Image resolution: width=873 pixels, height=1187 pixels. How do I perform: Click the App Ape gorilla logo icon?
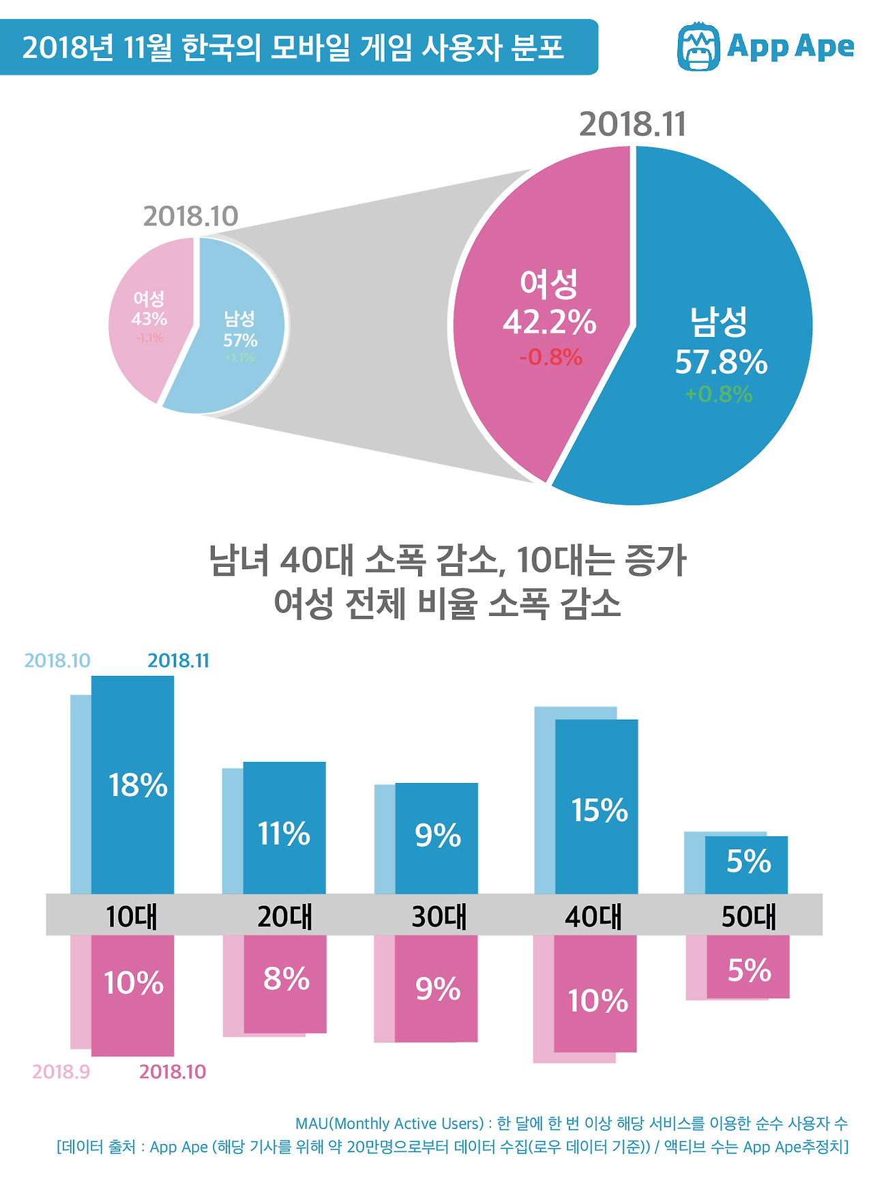[698, 47]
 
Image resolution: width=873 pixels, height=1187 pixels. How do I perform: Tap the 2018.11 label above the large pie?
[632, 125]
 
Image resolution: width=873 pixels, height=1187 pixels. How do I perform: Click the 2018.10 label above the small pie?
[190, 216]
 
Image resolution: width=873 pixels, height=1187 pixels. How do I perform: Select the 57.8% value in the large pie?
[721, 362]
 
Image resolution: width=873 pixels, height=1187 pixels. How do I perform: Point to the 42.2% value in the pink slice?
[549, 323]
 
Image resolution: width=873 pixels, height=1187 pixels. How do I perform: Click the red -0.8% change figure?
[550, 357]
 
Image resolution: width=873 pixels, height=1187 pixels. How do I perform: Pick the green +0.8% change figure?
[719, 394]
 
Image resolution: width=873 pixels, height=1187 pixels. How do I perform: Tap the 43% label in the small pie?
[149, 319]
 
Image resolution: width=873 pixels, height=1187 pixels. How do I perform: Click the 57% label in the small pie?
[240, 340]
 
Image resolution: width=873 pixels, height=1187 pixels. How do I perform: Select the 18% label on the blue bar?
[138, 785]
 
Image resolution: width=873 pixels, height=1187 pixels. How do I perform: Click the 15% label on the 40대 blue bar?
[599, 810]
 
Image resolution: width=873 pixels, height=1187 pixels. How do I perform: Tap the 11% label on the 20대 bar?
[283, 834]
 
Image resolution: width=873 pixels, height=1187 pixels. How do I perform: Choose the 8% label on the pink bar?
[286, 979]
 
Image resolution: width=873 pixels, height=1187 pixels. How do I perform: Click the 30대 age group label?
[439, 916]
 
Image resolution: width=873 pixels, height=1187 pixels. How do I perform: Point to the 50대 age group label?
[749, 916]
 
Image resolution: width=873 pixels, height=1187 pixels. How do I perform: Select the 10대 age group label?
[132, 916]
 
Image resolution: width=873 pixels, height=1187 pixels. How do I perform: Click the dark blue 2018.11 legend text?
[178, 660]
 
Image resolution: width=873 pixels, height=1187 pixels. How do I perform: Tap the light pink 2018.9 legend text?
[61, 1072]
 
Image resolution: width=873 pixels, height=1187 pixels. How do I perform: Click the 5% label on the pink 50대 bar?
[748, 970]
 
